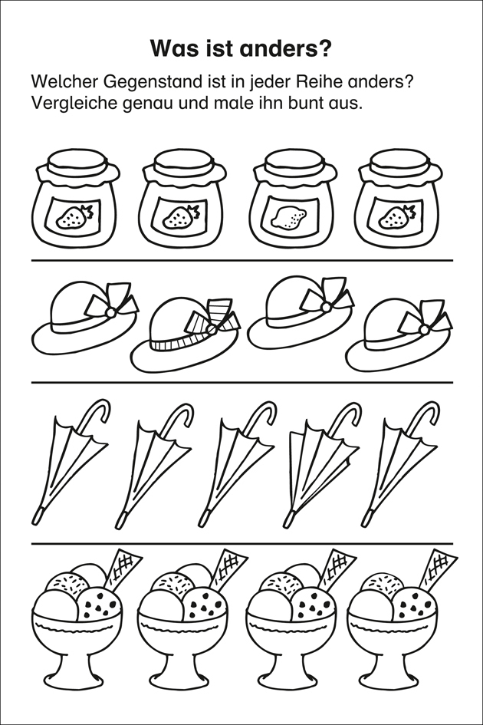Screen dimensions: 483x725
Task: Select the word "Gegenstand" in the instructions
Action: tap(152, 83)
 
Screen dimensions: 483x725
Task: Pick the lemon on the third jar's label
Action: tap(289, 217)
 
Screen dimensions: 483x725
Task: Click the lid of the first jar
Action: tap(77, 162)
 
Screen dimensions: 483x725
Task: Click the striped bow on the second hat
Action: tap(214, 318)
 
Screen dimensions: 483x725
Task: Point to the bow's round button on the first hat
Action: tap(110, 312)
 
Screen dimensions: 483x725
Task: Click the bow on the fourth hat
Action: tap(424, 319)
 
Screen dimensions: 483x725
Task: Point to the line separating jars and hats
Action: tap(242, 261)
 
